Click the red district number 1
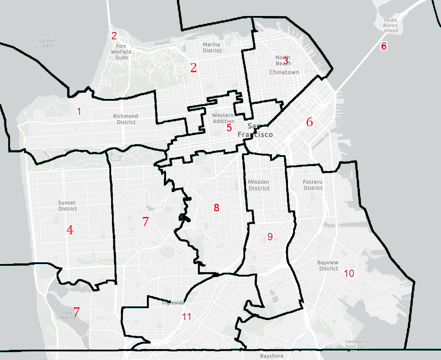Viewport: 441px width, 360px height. (79, 112)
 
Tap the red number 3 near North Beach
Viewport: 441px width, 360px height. (286, 61)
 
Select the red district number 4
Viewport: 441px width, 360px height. (70, 230)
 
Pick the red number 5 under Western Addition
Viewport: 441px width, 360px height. (229, 128)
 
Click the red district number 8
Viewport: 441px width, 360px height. (217, 208)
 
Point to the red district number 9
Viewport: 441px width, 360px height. (270, 236)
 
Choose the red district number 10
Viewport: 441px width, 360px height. (349, 274)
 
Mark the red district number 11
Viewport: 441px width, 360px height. (186, 317)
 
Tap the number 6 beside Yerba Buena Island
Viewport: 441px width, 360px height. (384, 46)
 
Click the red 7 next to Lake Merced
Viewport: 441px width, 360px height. (77, 312)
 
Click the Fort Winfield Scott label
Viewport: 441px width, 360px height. (121, 52)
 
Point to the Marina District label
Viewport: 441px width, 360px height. (212, 48)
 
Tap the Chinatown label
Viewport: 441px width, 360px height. (284, 72)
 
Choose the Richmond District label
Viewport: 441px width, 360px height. (125, 119)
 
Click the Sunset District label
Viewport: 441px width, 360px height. (67, 206)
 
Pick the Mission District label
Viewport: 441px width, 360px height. (259, 185)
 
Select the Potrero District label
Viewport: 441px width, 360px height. (313, 185)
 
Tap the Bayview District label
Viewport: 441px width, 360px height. (328, 265)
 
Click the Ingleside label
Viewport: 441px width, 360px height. (173, 303)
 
